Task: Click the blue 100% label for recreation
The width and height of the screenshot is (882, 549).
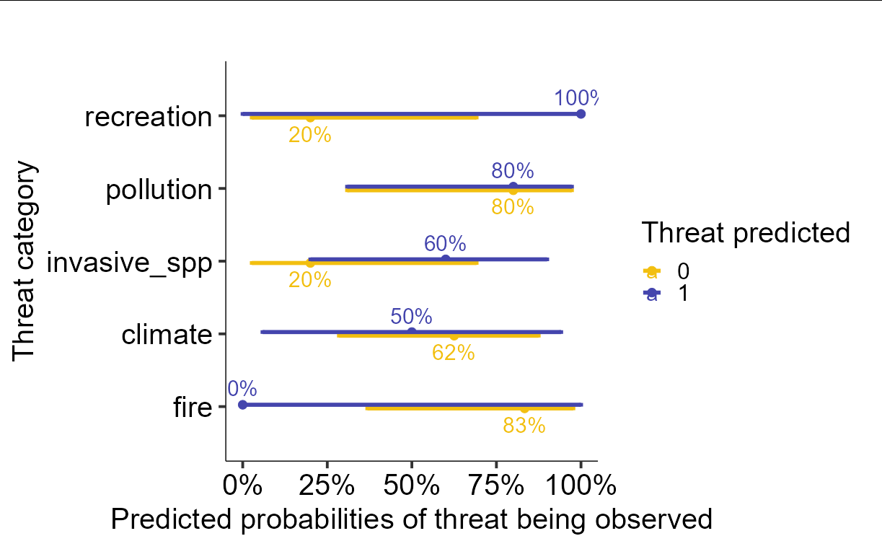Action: pyautogui.click(x=575, y=98)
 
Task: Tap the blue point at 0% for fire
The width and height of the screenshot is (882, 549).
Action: pyautogui.click(x=242, y=405)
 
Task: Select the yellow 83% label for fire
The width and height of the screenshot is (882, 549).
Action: pyautogui.click(x=524, y=426)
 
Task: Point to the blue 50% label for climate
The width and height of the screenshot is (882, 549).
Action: pyautogui.click(x=411, y=317)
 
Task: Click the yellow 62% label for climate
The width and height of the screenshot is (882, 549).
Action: pyautogui.click(x=453, y=353)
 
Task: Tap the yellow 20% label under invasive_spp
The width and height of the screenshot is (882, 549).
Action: pyautogui.click(x=310, y=280)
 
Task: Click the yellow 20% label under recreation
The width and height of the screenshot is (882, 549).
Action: pyautogui.click(x=310, y=134)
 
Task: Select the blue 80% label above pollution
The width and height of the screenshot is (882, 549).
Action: pyautogui.click(x=513, y=171)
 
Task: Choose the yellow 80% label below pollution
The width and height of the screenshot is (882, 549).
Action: pyautogui.click(x=513, y=207)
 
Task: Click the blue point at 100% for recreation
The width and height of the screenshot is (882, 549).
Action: pyautogui.click(x=581, y=114)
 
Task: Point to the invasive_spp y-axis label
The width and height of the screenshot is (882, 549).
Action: pyautogui.click(x=129, y=263)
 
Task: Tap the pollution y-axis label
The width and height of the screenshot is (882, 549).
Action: pyautogui.click(x=159, y=190)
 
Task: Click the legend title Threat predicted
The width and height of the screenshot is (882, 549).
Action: pyautogui.click(x=746, y=232)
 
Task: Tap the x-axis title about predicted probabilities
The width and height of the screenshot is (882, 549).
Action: pyautogui.click(x=411, y=519)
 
